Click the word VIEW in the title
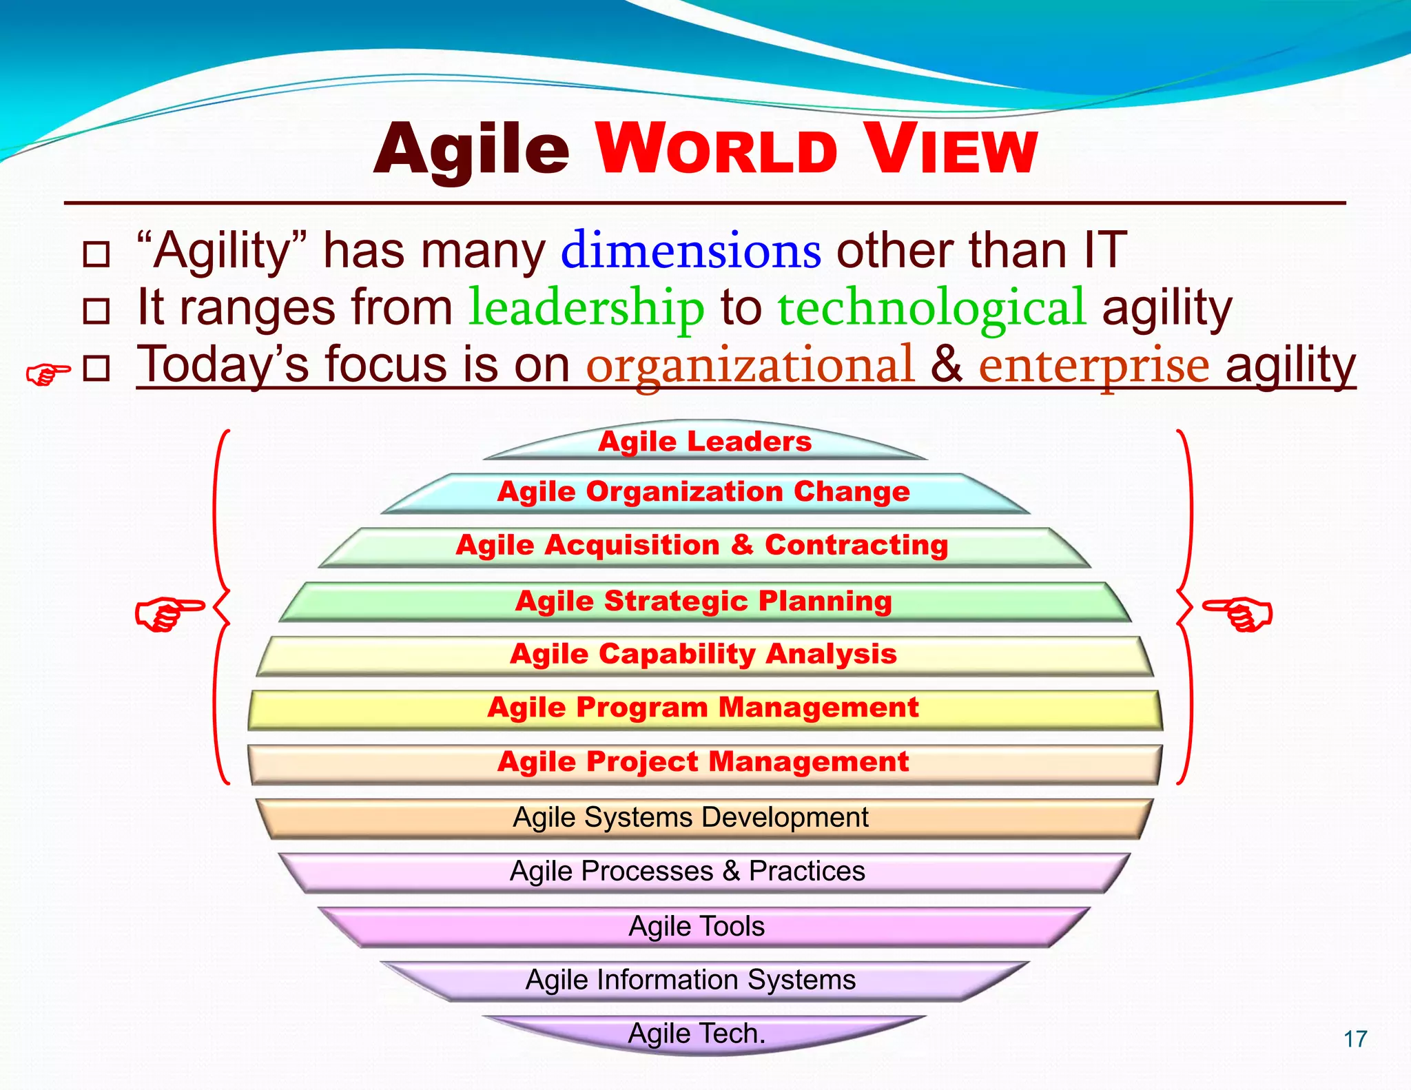click(x=951, y=150)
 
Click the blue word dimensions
click(x=690, y=251)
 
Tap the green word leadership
click(x=586, y=307)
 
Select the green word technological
click(x=931, y=307)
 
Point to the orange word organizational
click(x=750, y=364)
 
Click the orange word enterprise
click(x=1094, y=364)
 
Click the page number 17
click(x=1355, y=1039)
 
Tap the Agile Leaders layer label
click(x=705, y=442)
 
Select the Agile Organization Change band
click(x=703, y=492)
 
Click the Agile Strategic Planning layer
click(x=703, y=601)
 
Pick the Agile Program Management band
click(x=703, y=708)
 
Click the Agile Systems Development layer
click(x=691, y=818)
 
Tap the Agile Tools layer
click(x=697, y=927)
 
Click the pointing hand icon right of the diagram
click(x=1237, y=613)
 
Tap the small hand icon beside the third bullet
click(x=48, y=374)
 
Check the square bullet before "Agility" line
click(x=96, y=254)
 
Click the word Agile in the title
click(x=471, y=150)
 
